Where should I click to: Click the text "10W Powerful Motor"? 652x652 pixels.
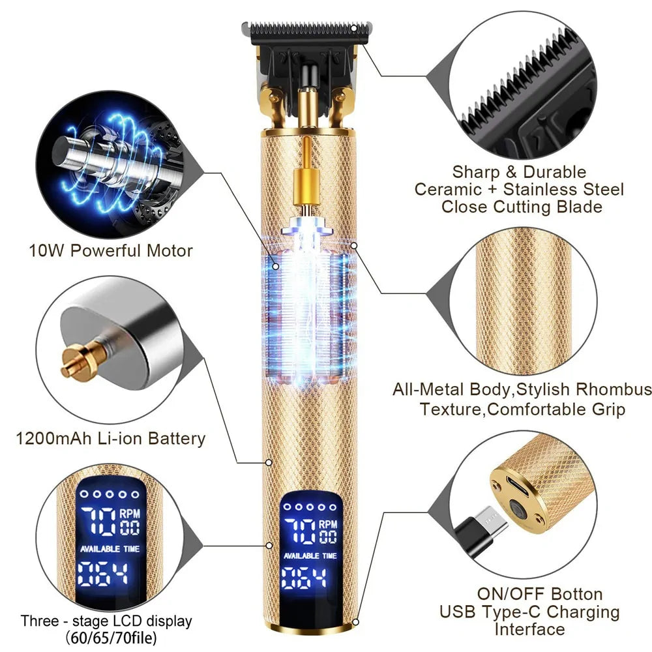[111, 250]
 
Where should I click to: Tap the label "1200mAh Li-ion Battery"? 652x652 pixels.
[111, 438]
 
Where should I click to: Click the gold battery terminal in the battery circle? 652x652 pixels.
[77, 363]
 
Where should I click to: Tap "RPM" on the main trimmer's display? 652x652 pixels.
[328, 524]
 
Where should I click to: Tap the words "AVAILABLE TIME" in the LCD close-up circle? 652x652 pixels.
[110, 549]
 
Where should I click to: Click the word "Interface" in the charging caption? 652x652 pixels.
[529, 629]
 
